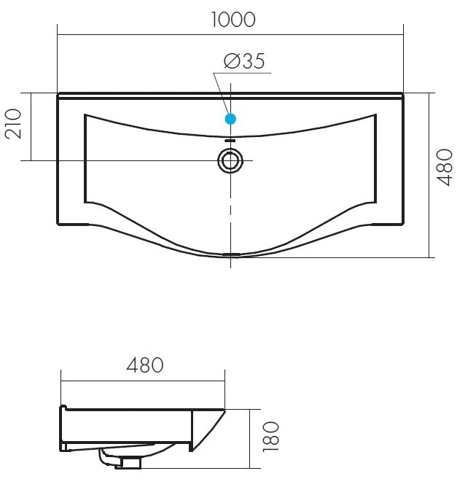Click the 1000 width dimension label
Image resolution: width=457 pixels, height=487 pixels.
coord(233,20)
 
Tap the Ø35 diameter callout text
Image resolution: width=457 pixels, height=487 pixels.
coord(245,61)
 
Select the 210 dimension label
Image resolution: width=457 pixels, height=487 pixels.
coord(13,123)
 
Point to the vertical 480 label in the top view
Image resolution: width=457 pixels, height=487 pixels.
coord(445,168)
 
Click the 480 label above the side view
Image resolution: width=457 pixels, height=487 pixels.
coord(145,365)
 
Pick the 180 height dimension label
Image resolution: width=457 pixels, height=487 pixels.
coord(271,437)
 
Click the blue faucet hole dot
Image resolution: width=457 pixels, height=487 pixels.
coord(230,119)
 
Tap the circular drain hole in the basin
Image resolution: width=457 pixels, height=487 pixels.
coord(230,161)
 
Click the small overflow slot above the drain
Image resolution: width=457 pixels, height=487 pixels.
coord(230,141)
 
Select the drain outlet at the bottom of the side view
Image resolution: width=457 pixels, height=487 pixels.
coord(128,462)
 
